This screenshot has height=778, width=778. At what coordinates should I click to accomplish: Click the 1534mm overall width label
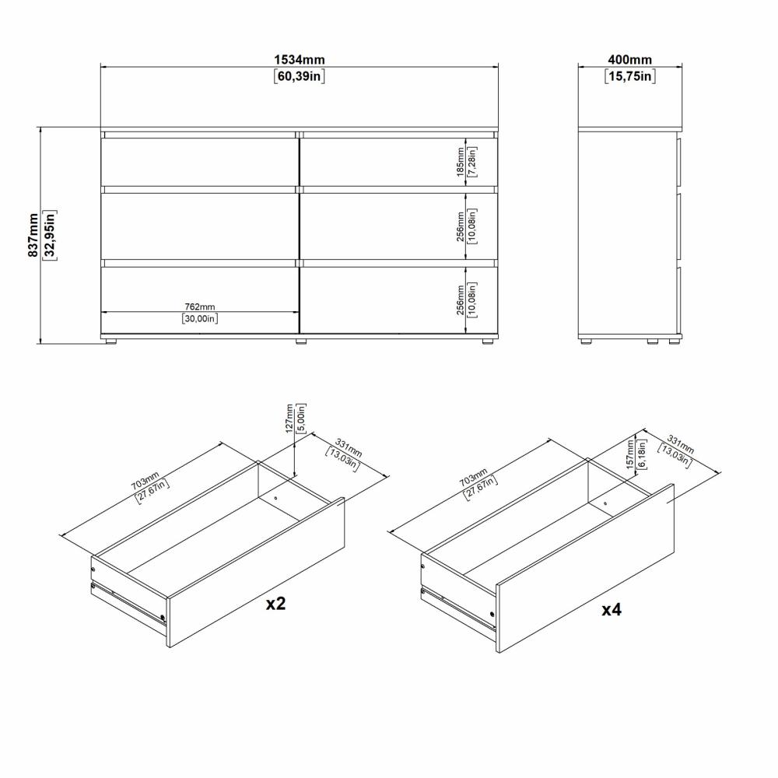pyautogui.click(x=299, y=60)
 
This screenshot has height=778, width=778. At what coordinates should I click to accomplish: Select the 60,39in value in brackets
pyautogui.click(x=299, y=76)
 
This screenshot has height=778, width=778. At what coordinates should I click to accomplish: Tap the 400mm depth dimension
pyautogui.click(x=629, y=60)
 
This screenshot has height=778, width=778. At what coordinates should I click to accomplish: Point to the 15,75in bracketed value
pyautogui.click(x=629, y=76)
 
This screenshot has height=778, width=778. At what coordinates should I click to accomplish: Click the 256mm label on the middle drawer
pyautogui.click(x=461, y=226)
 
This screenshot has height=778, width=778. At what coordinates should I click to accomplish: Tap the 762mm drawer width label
pyautogui.click(x=199, y=307)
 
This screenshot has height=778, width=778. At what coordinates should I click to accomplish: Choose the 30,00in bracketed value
pyautogui.click(x=199, y=317)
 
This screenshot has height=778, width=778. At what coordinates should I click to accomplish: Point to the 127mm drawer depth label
pyautogui.click(x=290, y=418)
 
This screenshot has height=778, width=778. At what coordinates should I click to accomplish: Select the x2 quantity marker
pyautogui.click(x=275, y=604)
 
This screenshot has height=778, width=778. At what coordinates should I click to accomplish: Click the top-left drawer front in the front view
pyautogui.click(x=199, y=161)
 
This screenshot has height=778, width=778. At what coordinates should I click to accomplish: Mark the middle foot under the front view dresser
pyautogui.click(x=300, y=340)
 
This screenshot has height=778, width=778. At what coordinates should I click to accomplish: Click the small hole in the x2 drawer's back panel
pyautogui.click(x=275, y=496)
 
